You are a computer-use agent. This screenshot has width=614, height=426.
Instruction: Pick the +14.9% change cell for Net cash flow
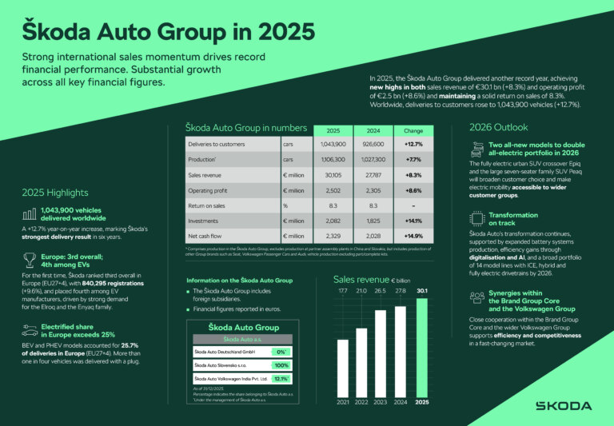(414, 236)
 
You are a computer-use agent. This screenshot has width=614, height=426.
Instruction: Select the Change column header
(414, 129)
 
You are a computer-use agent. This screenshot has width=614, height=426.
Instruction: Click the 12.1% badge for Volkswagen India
(281, 379)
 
